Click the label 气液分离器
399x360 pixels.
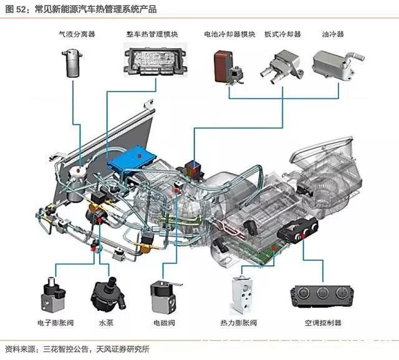coord(75,34)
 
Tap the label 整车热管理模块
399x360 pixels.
coord(151,34)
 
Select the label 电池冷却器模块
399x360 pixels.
coord(229,34)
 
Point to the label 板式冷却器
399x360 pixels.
coord(282,34)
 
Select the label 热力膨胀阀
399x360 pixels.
coord(246,323)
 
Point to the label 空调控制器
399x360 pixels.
coord(322,323)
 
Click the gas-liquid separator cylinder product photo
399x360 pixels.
coord(74,61)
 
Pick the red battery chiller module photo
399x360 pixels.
coord(225,65)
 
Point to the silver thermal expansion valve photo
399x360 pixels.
coord(243,295)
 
